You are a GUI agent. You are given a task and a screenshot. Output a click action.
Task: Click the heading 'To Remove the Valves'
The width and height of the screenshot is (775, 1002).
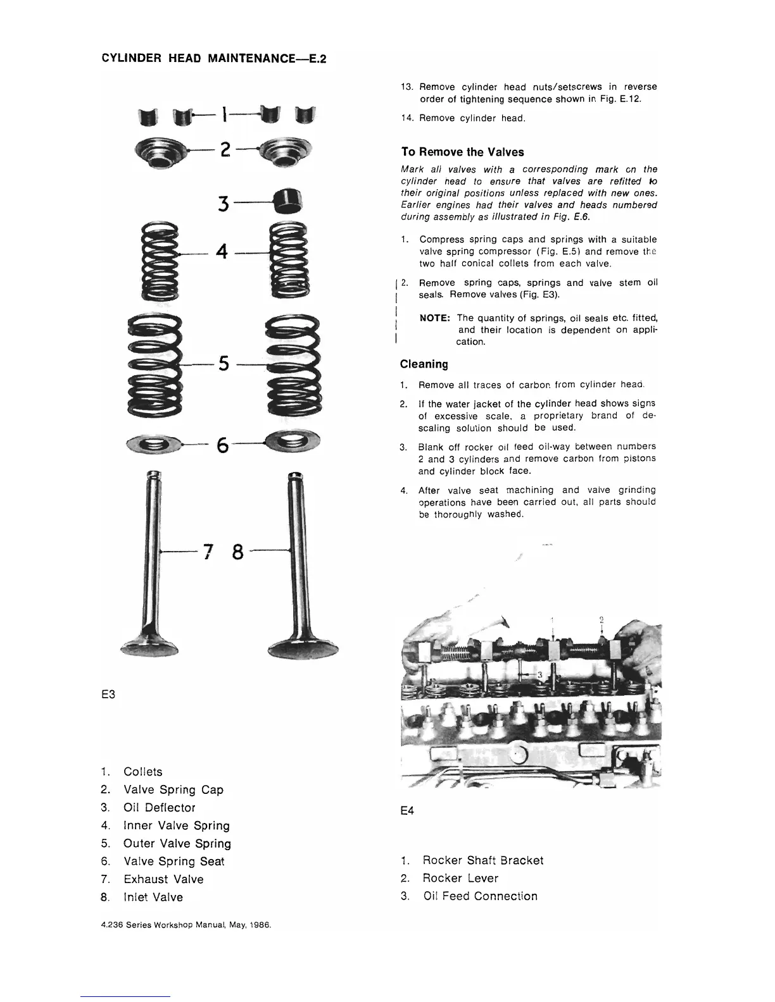click(462, 152)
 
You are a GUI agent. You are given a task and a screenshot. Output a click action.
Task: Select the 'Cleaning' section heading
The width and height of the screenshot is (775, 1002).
click(424, 364)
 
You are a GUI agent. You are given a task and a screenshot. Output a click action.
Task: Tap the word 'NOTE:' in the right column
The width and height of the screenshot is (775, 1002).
click(435, 318)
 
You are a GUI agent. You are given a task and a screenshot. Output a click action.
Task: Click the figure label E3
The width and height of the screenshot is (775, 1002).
click(108, 695)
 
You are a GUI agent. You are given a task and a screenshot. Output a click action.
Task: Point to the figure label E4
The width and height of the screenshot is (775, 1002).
click(407, 811)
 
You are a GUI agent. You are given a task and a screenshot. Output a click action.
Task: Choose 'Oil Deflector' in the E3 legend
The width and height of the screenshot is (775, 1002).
click(159, 808)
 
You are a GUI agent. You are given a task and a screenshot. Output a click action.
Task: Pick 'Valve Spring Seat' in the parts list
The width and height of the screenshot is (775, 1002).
click(173, 862)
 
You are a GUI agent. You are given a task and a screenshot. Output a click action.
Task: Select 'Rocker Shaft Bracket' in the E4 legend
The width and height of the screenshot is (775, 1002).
click(482, 860)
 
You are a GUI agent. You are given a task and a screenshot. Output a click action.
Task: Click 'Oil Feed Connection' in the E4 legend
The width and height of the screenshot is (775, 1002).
click(480, 896)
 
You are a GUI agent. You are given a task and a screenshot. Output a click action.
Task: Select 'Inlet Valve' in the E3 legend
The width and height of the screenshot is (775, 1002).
click(153, 897)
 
